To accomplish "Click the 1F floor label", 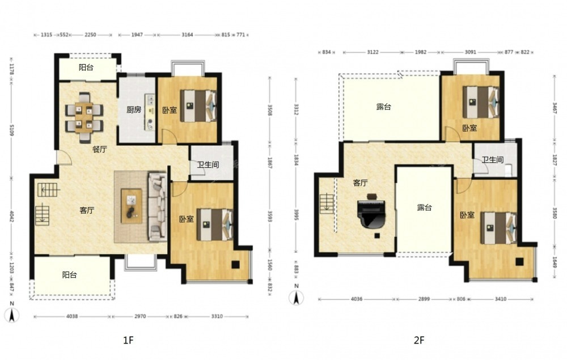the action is (128, 340).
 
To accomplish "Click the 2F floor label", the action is (419, 340).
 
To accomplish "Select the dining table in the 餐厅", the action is (84, 117).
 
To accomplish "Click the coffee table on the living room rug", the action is (132, 206).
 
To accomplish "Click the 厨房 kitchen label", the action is (134, 109).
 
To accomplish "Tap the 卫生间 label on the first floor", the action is (208, 165).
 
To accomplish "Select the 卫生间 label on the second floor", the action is (493, 160).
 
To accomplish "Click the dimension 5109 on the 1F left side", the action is (11, 130).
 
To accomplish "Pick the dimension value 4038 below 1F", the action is (72, 316).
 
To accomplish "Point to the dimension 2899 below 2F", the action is (424, 299).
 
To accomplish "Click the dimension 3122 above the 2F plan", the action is (373, 52).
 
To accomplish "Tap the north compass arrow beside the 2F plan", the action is (297, 298).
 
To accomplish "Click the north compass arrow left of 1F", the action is (12, 315).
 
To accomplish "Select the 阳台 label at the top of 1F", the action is (86, 67).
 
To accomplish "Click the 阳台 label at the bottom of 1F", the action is (69, 275).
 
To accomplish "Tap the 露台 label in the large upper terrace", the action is (384, 107).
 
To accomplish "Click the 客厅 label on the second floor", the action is (360, 183).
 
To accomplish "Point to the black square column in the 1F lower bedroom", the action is (235, 265).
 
